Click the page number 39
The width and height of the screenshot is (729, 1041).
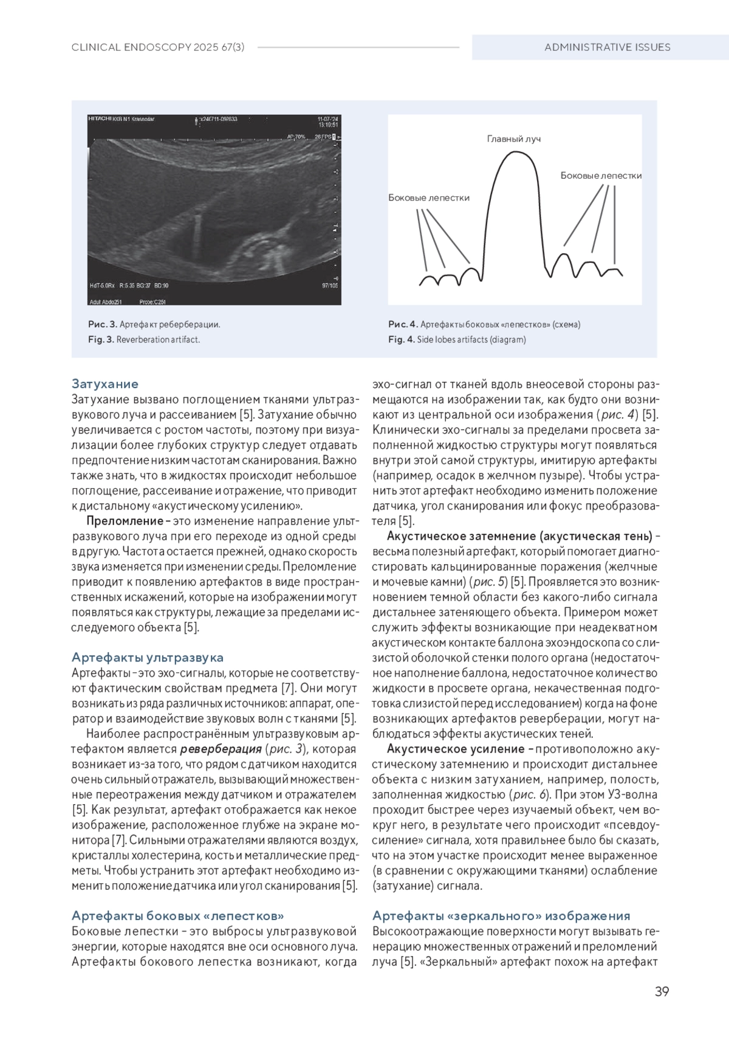click(662, 992)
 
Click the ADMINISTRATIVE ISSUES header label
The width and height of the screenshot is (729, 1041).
click(607, 47)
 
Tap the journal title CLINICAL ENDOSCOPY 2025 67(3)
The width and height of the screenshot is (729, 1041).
click(158, 47)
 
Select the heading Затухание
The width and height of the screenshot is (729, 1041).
click(105, 384)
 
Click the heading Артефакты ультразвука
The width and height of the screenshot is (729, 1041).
click(148, 657)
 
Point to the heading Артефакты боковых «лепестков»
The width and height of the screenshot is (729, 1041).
click(178, 915)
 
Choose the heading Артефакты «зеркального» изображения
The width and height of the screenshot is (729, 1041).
click(501, 915)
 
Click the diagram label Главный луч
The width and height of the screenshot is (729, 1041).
click(513, 139)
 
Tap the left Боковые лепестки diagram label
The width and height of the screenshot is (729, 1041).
click(429, 197)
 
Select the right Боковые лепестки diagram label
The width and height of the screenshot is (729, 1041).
click(601, 176)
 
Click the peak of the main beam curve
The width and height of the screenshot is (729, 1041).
click(516, 151)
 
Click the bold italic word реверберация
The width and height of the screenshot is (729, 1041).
click(221, 749)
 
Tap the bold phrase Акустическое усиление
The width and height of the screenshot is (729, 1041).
click(456, 749)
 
